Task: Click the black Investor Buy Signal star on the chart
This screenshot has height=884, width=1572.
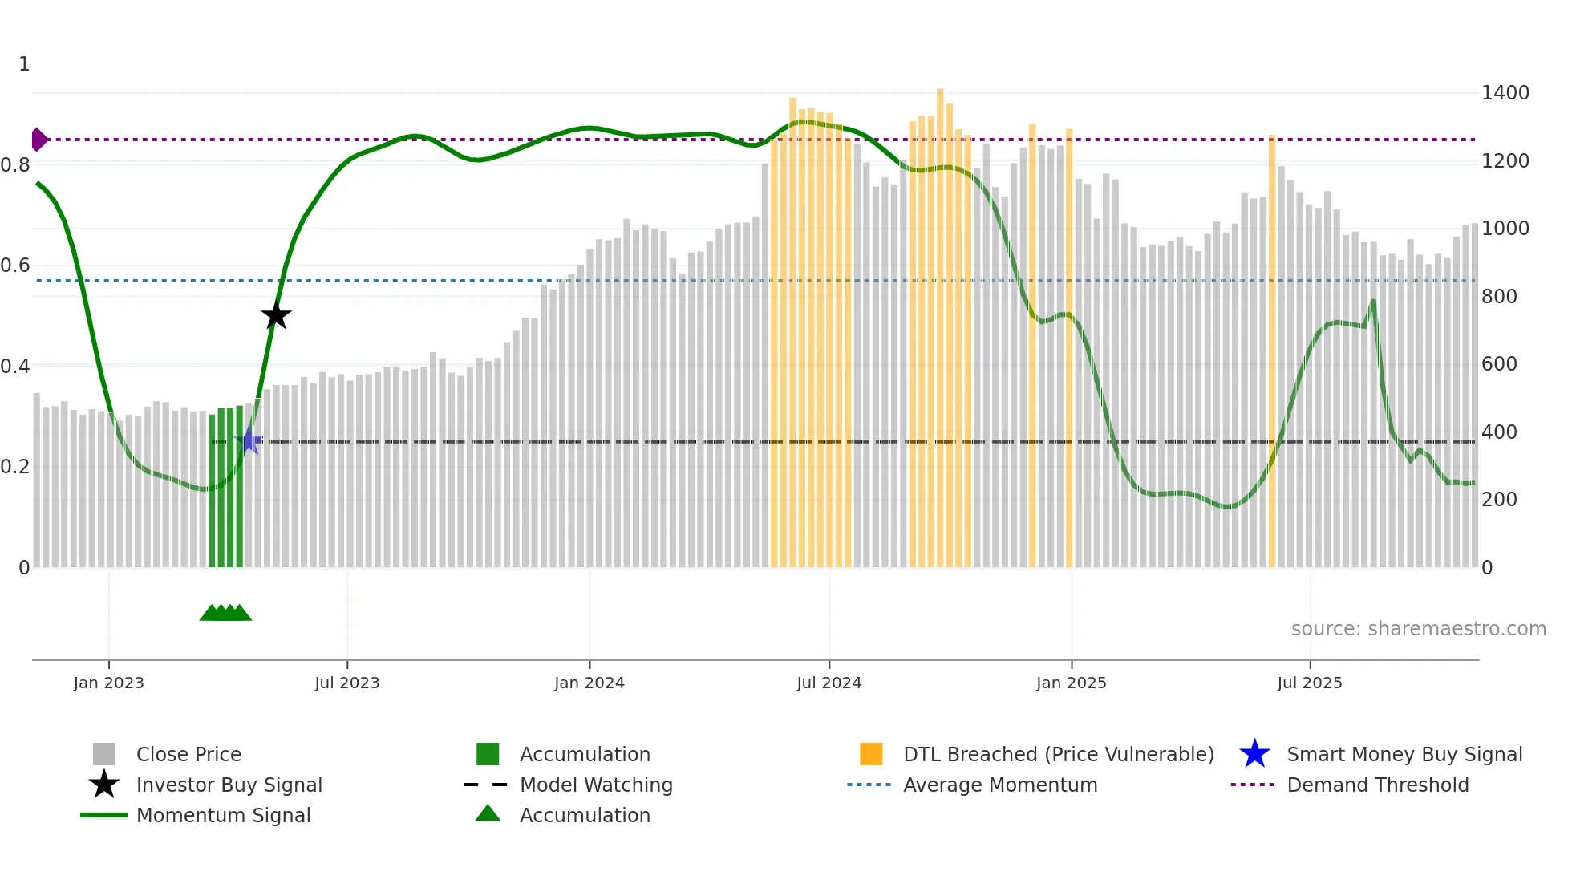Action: click(x=276, y=316)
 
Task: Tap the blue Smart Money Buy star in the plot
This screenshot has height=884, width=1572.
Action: click(x=249, y=441)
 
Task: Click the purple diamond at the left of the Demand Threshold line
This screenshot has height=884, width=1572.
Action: click(x=38, y=140)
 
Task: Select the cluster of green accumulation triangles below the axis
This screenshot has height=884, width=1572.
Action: click(x=225, y=613)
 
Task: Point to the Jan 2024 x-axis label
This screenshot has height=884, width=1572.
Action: click(x=589, y=683)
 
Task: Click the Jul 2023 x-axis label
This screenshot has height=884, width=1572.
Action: click(x=346, y=683)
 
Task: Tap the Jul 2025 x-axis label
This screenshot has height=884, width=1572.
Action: click(x=1309, y=683)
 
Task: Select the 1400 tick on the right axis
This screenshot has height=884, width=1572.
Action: click(x=1505, y=93)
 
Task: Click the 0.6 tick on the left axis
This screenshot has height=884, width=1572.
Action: click(x=15, y=266)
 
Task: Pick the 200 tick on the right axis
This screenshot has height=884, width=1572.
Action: click(x=1498, y=500)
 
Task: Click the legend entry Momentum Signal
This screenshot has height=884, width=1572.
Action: click(x=223, y=815)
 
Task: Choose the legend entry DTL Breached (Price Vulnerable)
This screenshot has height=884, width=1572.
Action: click(x=1058, y=754)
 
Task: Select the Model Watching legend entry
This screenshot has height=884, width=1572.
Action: click(x=595, y=785)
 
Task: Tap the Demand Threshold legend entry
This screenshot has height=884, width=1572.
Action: click(x=1377, y=785)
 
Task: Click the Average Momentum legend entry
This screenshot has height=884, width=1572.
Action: click(x=999, y=785)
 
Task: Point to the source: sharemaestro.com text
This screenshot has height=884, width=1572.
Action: click(x=1418, y=629)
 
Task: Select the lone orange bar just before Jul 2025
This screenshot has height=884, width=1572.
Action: click(x=1272, y=353)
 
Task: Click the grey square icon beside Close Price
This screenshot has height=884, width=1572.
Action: click(x=104, y=754)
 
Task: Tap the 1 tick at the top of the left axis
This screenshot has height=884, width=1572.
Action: click(x=24, y=64)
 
